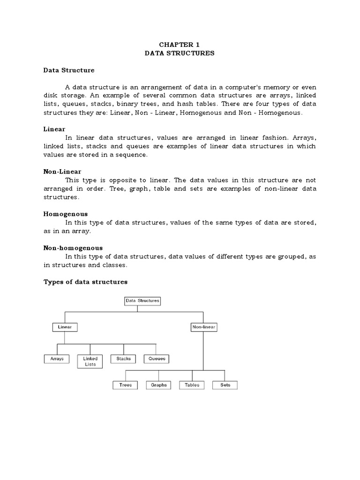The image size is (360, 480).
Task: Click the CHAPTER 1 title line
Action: tap(180, 45)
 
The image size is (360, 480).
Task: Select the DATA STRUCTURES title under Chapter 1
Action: tap(180, 53)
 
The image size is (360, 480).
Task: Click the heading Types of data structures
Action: tap(85, 282)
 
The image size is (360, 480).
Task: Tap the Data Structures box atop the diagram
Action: tap(142, 301)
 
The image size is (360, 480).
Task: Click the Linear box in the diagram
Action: tap(65, 327)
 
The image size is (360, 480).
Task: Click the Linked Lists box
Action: tap(90, 361)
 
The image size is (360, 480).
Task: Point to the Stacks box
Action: tap(123, 359)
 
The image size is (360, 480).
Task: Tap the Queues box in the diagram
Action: tap(157, 359)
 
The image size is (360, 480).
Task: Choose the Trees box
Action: tap(126, 385)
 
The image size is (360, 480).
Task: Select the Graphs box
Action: tap(159, 385)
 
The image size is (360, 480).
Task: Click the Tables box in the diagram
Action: tap(192, 385)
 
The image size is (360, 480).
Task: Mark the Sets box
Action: tap(225, 385)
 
